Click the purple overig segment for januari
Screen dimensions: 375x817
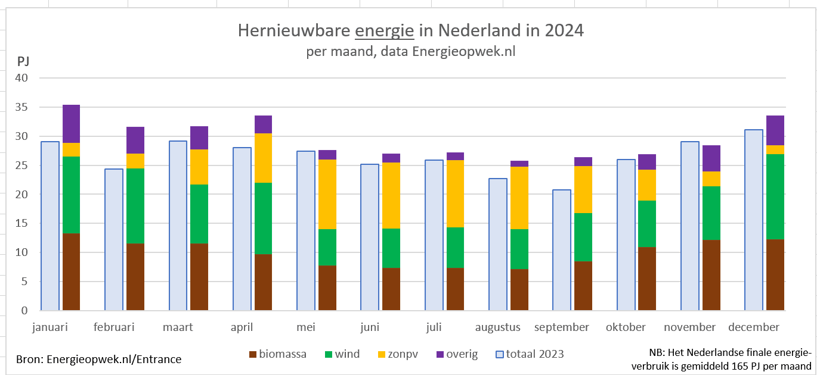coord(72,124)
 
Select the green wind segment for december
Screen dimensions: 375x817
coord(775,196)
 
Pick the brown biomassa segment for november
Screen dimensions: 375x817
coord(711,275)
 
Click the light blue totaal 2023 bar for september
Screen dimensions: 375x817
coord(561,250)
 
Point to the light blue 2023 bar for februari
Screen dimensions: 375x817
coord(114,239)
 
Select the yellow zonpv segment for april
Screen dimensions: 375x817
coord(263,158)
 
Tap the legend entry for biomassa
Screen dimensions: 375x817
coord(278,354)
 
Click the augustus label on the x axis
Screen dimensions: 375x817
coord(498,327)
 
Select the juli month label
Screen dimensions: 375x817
coord(434,327)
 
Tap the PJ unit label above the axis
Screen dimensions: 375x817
coord(23,61)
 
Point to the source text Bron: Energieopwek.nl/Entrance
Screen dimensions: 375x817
coord(98,359)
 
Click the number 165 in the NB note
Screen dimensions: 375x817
coord(738,366)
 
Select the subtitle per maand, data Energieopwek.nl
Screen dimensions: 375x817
coord(410,52)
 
